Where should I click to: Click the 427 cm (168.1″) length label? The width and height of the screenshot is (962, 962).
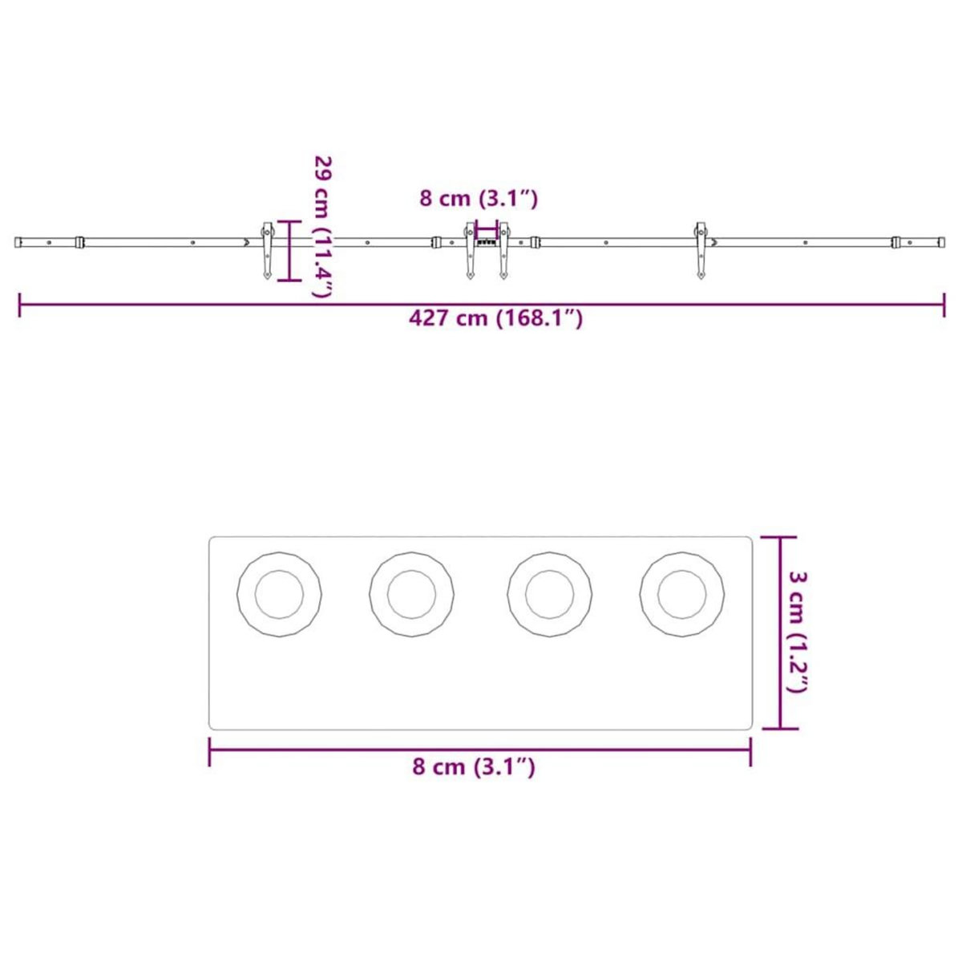click(x=495, y=318)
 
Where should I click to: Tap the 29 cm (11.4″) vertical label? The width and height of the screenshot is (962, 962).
click(x=322, y=226)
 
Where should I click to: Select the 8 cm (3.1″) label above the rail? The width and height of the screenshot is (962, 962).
click(x=479, y=198)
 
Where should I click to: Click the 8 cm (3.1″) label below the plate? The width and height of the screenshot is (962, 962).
click(x=474, y=766)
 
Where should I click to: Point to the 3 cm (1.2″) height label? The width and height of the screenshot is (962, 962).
click(x=799, y=633)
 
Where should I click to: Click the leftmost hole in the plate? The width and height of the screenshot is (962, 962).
click(x=280, y=595)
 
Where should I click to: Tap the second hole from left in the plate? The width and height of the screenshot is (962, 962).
click(x=411, y=595)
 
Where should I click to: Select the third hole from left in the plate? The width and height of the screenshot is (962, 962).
click(x=550, y=595)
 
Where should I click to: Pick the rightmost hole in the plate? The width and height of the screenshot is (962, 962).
click(x=682, y=595)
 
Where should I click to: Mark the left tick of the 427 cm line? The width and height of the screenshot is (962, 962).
click(x=19, y=305)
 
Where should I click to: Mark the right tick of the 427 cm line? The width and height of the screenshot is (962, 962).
click(x=944, y=305)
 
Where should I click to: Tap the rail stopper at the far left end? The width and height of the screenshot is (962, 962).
click(x=79, y=242)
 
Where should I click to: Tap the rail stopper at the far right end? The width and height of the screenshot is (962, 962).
click(x=896, y=242)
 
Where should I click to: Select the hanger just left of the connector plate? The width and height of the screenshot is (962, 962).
click(x=471, y=250)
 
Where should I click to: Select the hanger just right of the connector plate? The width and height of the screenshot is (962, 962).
click(x=504, y=250)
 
